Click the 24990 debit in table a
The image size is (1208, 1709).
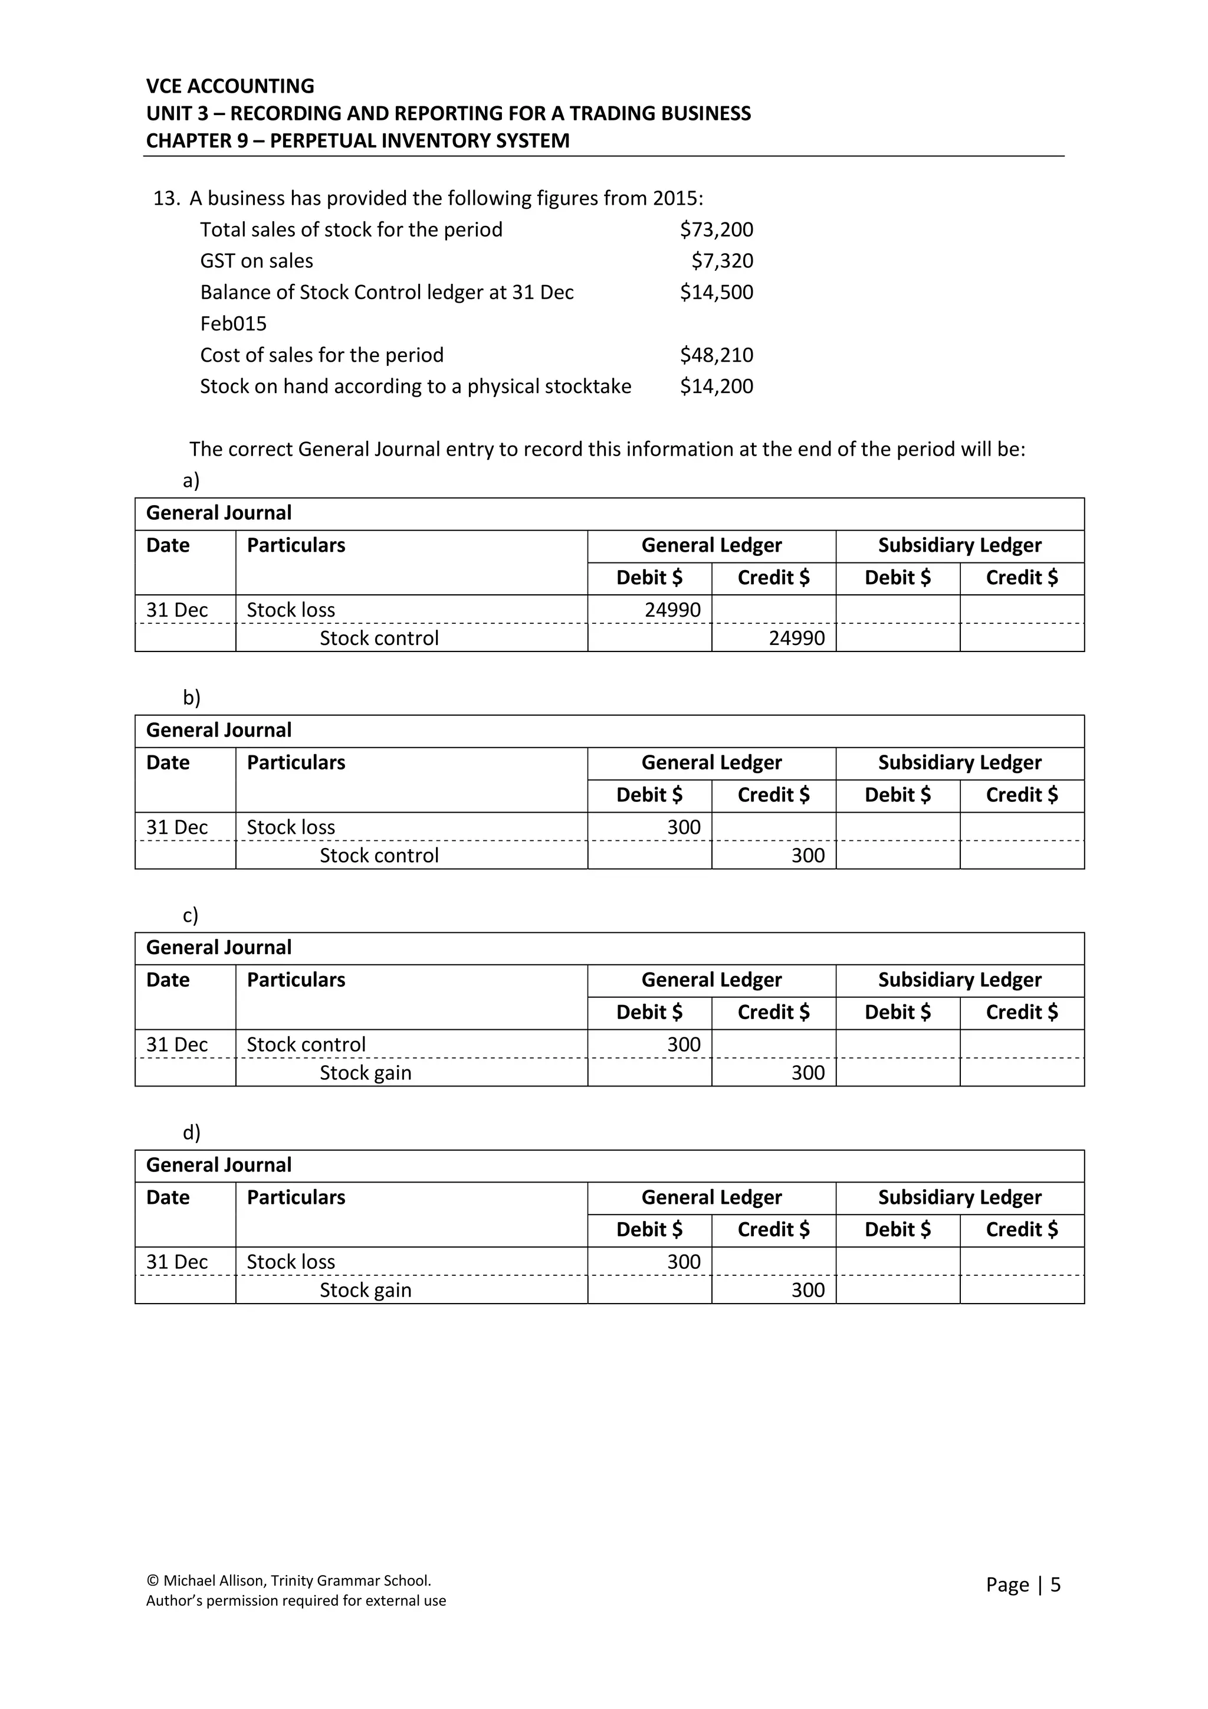[672, 610]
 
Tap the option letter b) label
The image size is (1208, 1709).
[191, 698]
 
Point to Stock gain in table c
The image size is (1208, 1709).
[365, 1073]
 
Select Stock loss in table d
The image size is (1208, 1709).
[290, 1262]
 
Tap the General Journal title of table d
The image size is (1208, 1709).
[219, 1165]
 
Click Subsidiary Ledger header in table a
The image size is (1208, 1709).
[959, 546]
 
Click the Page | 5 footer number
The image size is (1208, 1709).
[1023, 1584]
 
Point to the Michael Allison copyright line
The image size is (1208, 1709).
[288, 1580]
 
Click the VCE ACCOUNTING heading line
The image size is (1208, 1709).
[230, 86]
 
